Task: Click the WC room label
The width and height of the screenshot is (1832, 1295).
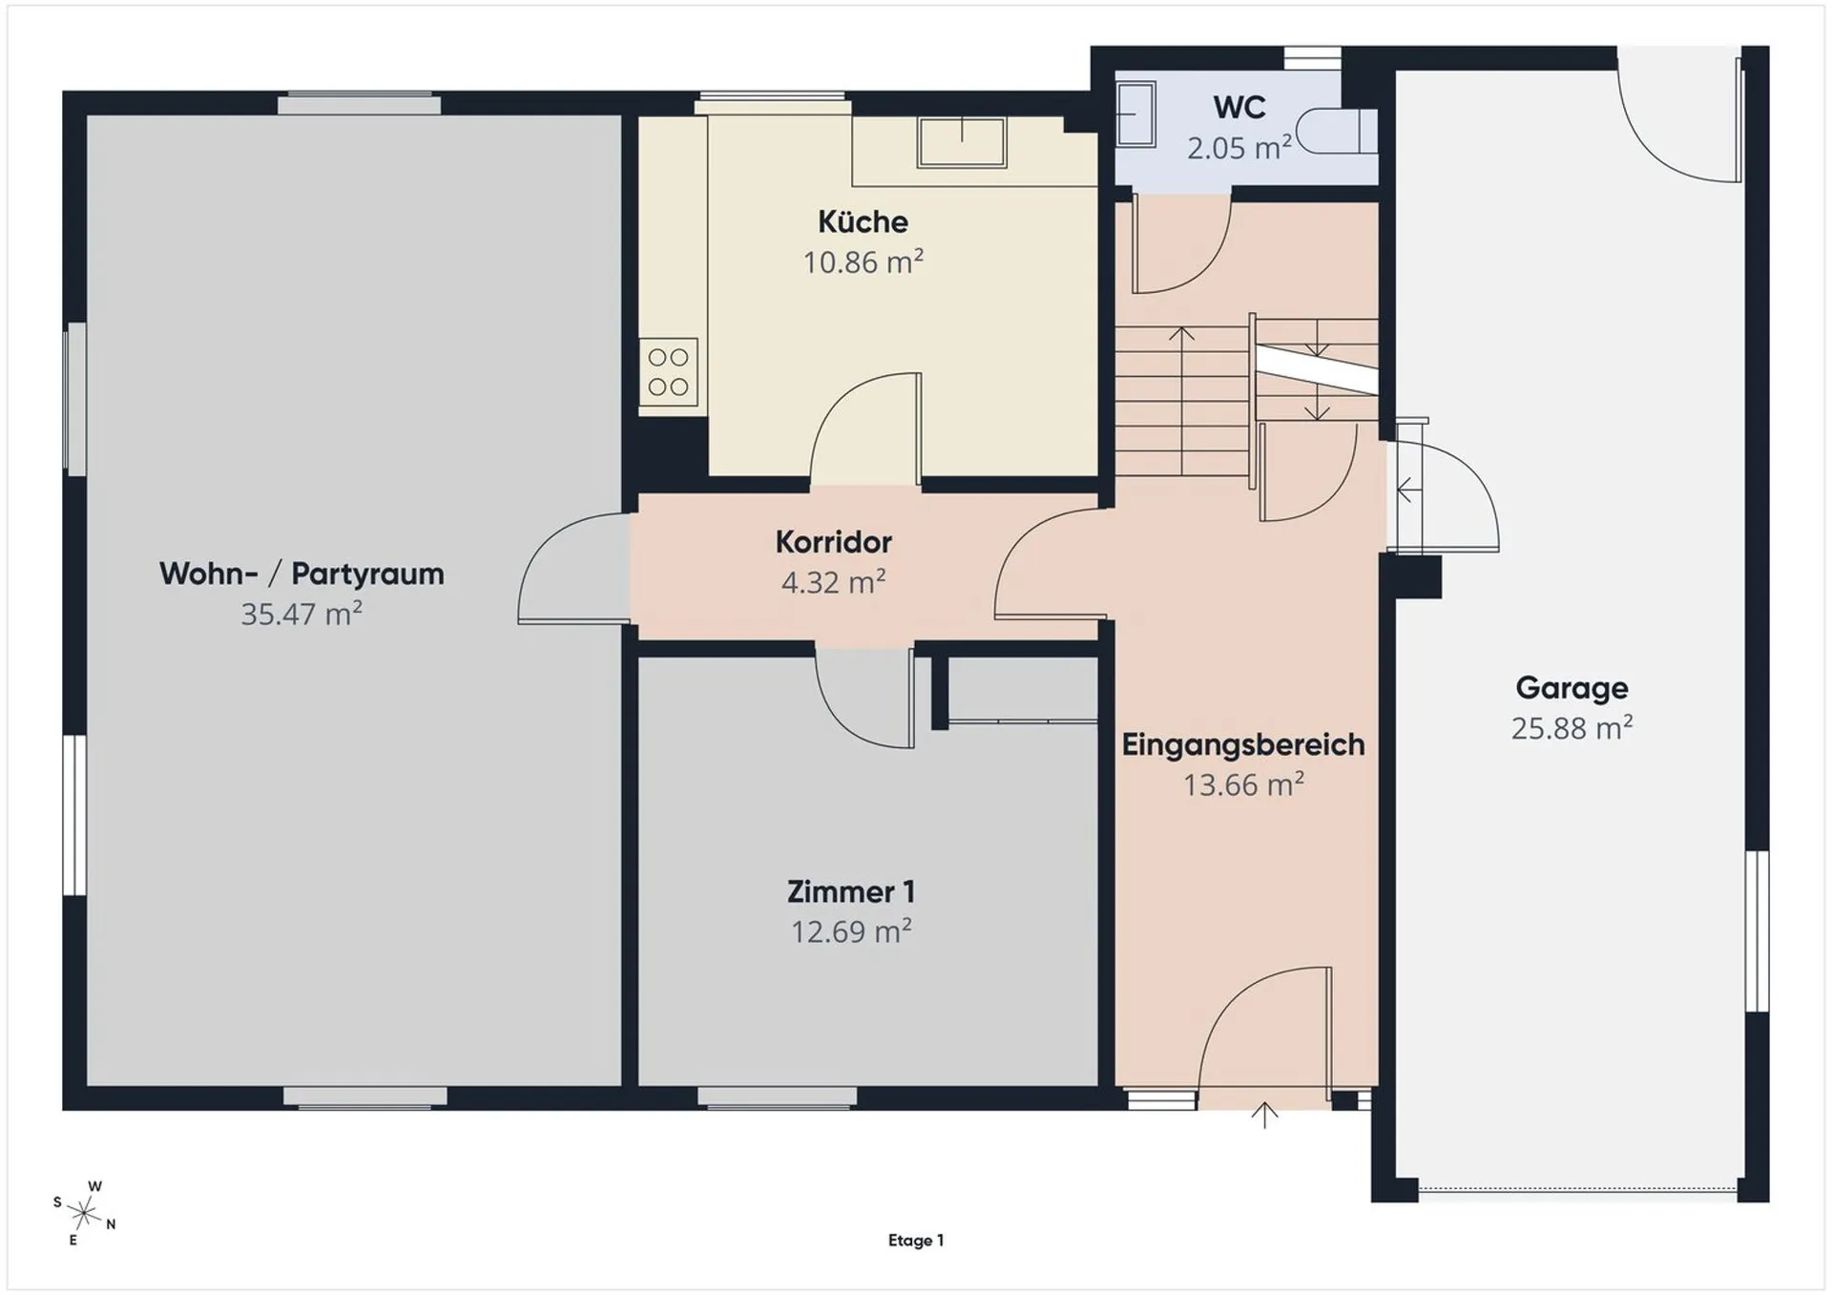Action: (x=1239, y=107)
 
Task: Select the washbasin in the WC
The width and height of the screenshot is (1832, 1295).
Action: (x=1135, y=114)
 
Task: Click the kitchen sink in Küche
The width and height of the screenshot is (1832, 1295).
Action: (x=962, y=142)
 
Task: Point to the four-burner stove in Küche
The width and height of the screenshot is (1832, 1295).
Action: (x=668, y=372)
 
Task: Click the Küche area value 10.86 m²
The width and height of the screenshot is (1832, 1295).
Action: (x=863, y=261)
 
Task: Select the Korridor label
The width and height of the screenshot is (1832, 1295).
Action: (x=833, y=542)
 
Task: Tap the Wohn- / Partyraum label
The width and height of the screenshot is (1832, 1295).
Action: (x=302, y=574)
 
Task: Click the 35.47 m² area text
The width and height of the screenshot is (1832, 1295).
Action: (x=302, y=614)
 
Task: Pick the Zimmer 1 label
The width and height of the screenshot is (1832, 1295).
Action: (x=851, y=891)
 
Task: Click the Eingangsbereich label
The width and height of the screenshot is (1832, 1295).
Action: (x=1243, y=744)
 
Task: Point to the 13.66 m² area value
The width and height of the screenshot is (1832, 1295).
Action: (x=1243, y=784)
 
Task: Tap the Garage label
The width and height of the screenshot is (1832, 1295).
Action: (x=1572, y=688)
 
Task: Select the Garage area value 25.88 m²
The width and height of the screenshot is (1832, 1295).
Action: (x=1572, y=728)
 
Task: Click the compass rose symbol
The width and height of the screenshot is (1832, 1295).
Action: (x=84, y=1213)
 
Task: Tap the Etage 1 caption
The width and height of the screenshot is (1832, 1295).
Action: (x=916, y=1241)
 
